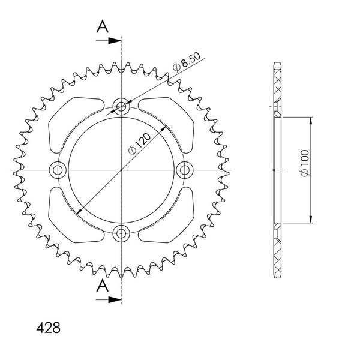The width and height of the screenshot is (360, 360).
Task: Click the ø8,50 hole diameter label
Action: coord(187,62)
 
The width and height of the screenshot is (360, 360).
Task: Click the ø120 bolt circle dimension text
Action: coord(139,144)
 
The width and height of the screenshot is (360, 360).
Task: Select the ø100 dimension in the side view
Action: coord(305,163)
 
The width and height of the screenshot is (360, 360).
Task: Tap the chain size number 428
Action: coord(49,328)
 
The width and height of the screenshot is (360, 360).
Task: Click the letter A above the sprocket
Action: coord(102,26)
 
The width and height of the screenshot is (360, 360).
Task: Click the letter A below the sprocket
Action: coord(102,286)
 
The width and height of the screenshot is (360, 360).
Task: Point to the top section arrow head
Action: coord(115,41)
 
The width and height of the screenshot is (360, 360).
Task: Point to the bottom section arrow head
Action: coord(115,299)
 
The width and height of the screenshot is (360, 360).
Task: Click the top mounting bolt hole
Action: coord(121,106)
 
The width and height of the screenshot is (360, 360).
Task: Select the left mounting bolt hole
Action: coord(58,170)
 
